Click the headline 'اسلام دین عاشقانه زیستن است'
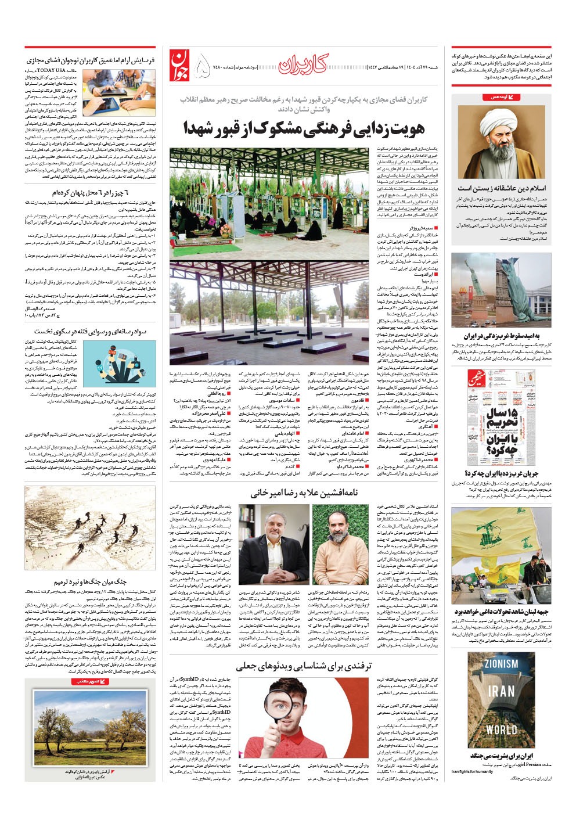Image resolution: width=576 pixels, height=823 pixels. pos(501,188)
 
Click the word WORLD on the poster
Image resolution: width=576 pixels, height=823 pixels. pos(501,729)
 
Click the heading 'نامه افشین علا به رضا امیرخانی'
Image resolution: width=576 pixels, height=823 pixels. pos(307,493)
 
